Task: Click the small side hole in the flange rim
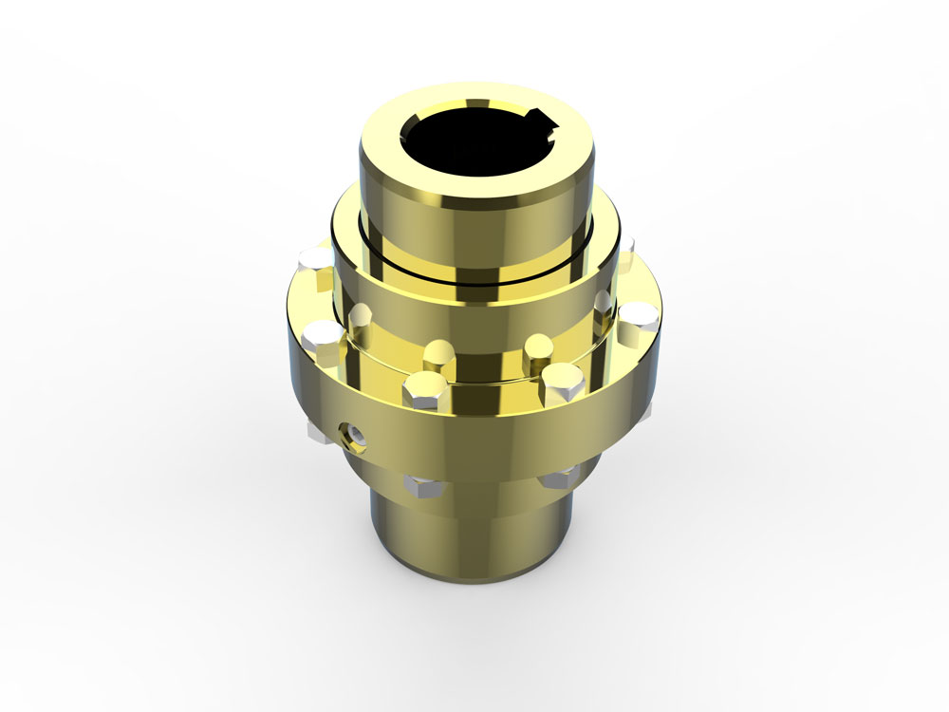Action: [352, 434]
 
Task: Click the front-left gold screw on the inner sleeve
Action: [437, 354]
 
